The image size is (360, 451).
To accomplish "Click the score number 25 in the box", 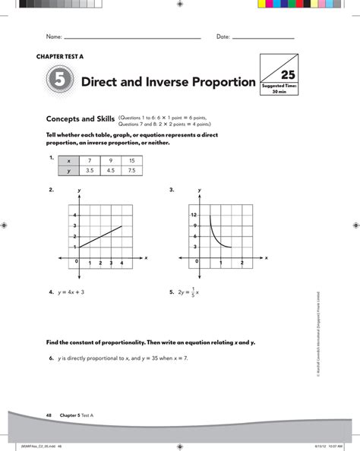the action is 288,74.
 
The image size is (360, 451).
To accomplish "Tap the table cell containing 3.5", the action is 90,172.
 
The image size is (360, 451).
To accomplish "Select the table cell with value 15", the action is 131,160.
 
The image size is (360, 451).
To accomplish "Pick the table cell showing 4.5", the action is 110,172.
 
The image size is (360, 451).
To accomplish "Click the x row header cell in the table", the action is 68,160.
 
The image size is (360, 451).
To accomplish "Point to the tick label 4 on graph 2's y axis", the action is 74,215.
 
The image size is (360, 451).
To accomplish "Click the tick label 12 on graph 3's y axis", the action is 194,216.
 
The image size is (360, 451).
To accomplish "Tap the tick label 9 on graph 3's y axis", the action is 195,226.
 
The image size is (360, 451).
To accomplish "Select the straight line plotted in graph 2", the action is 100,236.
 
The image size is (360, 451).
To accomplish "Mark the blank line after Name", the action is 132,37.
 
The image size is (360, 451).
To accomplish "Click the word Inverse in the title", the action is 183,82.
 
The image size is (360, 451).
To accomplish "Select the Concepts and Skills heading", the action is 80,119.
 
